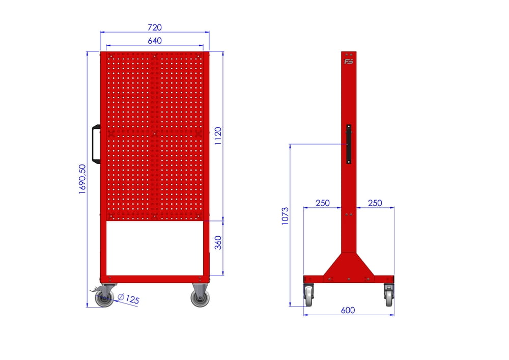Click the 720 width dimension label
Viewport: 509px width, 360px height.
coord(155,27)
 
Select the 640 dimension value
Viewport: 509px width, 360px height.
coord(155,41)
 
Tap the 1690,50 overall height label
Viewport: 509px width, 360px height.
coord(82,179)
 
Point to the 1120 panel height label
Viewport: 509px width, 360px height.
coord(218,135)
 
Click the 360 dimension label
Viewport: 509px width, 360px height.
coord(218,242)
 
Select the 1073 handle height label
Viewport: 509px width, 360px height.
coord(285,216)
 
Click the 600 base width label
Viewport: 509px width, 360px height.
coord(348,310)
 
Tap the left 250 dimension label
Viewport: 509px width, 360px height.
coord(323,203)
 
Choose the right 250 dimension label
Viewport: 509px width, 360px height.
coord(375,203)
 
